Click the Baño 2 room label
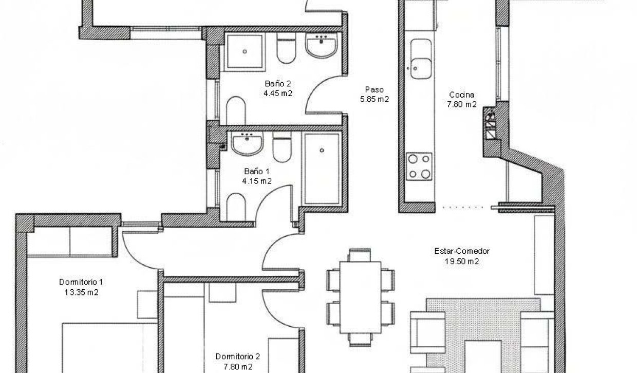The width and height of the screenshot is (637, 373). pos(278,84)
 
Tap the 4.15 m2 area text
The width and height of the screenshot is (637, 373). pos(257,181)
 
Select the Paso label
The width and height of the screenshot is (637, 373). pos(375,89)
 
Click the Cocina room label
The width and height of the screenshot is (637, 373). pos(462,95)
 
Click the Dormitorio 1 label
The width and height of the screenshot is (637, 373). pos(81,282)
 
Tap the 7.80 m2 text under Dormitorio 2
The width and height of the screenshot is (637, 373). pos(237,366)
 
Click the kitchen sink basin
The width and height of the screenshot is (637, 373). pos(421,67)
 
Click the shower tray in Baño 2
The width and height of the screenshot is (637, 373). pos(246,51)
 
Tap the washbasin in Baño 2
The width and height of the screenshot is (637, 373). pos(322,45)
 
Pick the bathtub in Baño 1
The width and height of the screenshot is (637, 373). pos(322,168)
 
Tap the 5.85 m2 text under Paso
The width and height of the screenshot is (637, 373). pos(375,100)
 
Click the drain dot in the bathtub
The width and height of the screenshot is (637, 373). pos(322,151)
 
